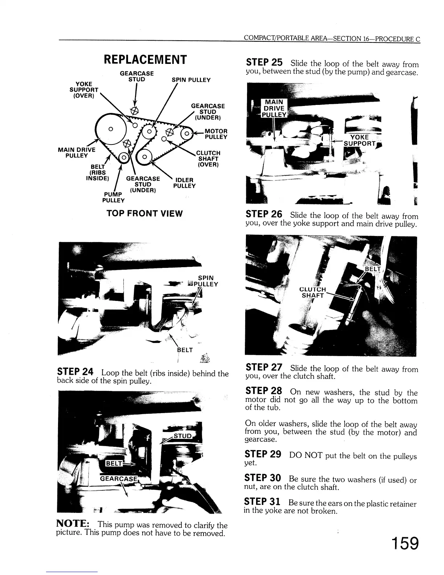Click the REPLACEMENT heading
145,59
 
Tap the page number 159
404,544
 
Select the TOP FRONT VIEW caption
144,213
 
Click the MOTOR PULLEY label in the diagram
216,134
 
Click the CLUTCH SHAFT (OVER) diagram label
208,159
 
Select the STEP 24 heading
75,372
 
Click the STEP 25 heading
264,62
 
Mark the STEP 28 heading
264,391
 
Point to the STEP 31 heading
262,502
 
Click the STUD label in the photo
182,436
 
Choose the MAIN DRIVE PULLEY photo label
275,108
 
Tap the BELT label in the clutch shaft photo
372,269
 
